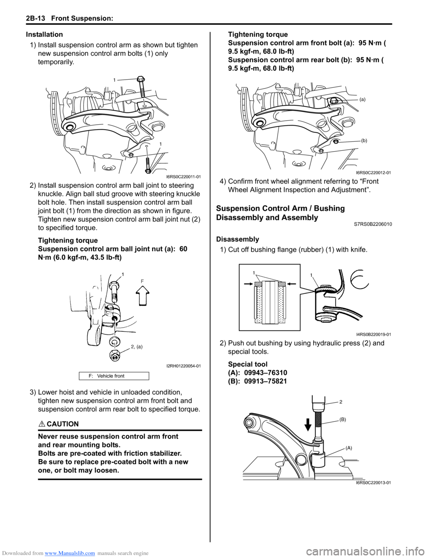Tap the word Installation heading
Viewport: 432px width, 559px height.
(x=44, y=34)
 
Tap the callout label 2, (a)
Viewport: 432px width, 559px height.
(x=137, y=347)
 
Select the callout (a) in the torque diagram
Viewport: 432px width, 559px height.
(x=362, y=99)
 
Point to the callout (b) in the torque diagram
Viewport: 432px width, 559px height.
(x=364, y=140)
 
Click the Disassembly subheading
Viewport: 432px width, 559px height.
(x=238, y=239)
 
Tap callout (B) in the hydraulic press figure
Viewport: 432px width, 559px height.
(x=343, y=419)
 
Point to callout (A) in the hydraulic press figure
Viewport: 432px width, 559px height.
(x=349, y=448)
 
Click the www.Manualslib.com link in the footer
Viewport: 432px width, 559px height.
(x=72, y=553)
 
